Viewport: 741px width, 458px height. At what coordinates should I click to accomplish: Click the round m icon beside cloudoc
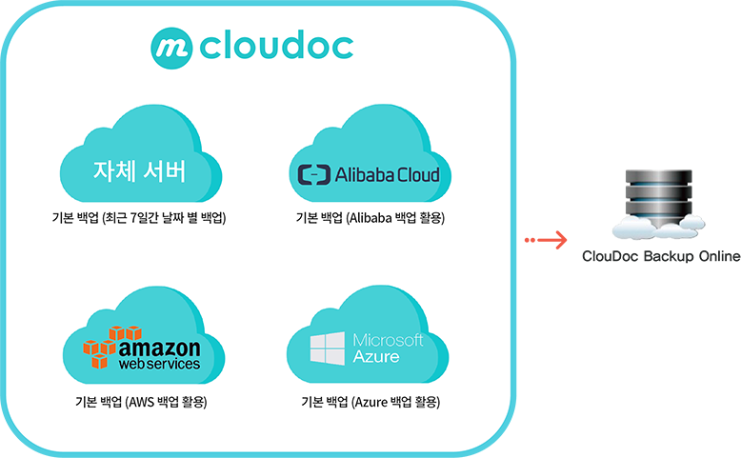point(171,45)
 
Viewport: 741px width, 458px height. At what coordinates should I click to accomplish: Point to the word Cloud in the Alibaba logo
point(418,174)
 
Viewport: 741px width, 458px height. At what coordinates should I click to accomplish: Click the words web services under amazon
point(160,364)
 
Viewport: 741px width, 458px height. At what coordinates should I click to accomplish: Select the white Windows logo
point(328,348)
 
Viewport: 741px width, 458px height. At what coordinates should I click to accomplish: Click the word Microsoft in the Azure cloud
point(388,340)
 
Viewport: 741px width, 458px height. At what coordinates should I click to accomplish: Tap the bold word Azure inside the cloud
point(376,356)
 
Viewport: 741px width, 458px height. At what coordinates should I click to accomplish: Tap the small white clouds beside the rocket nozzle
point(658,226)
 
